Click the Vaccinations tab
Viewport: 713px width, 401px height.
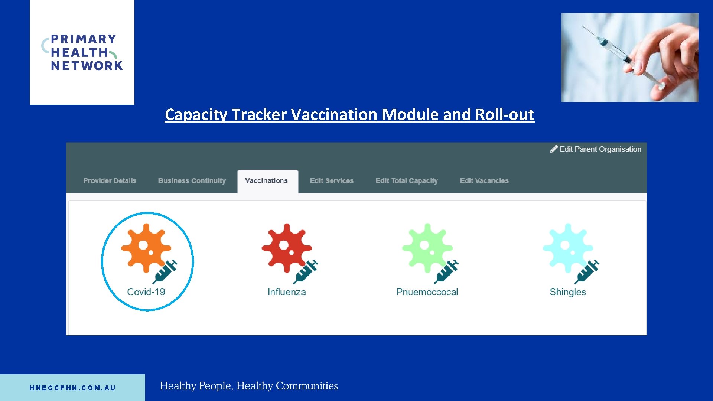coord(267,181)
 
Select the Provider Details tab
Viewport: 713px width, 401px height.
coord(110,181)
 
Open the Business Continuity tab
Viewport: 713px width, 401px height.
coord(192,181)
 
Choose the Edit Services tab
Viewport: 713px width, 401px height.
coord(332,181)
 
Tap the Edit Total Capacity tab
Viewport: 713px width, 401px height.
coord(407,181)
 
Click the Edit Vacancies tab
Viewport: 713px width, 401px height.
coord(484,181)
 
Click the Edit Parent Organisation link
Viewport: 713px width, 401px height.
coord(600,149)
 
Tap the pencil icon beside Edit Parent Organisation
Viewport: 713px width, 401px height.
coord(554,149)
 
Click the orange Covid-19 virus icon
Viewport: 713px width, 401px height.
coord(146,248)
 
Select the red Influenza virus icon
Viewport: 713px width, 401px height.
coord(286,248)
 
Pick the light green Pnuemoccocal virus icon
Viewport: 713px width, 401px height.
coord(427,248)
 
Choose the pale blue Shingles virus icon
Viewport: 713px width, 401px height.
coord(567,248)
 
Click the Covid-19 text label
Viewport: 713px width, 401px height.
coord(146,292)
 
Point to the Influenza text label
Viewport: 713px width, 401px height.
coord(287,292)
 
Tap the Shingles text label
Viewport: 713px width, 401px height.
coord(567,292)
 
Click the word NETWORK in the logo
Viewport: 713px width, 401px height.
coord(87,66)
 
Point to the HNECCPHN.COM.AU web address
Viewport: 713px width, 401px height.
coord(73,388)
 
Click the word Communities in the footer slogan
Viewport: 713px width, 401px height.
coord(307,386)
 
